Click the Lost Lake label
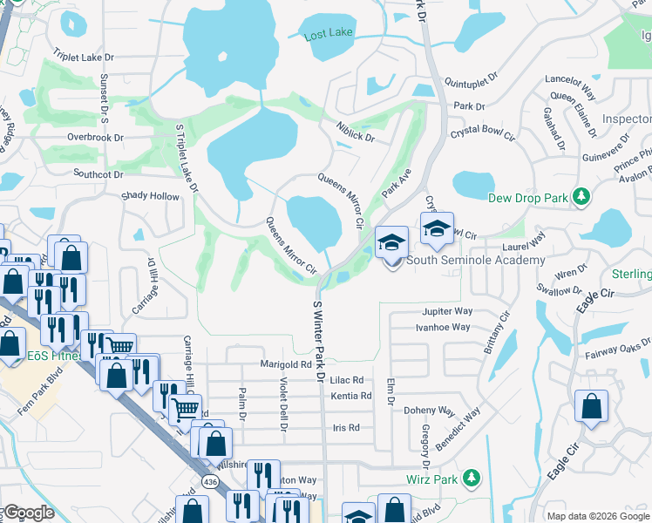328,36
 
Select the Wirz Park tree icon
472,479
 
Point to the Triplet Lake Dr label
85,57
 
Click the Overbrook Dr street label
95,137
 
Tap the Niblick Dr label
356,132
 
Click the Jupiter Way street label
447,310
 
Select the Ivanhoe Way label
443,327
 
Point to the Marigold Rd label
286,363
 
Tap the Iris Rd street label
346,427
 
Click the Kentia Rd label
351,396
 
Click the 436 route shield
209,481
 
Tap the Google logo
28,513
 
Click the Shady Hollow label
150,197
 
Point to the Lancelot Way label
570,78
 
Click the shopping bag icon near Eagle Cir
592,406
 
